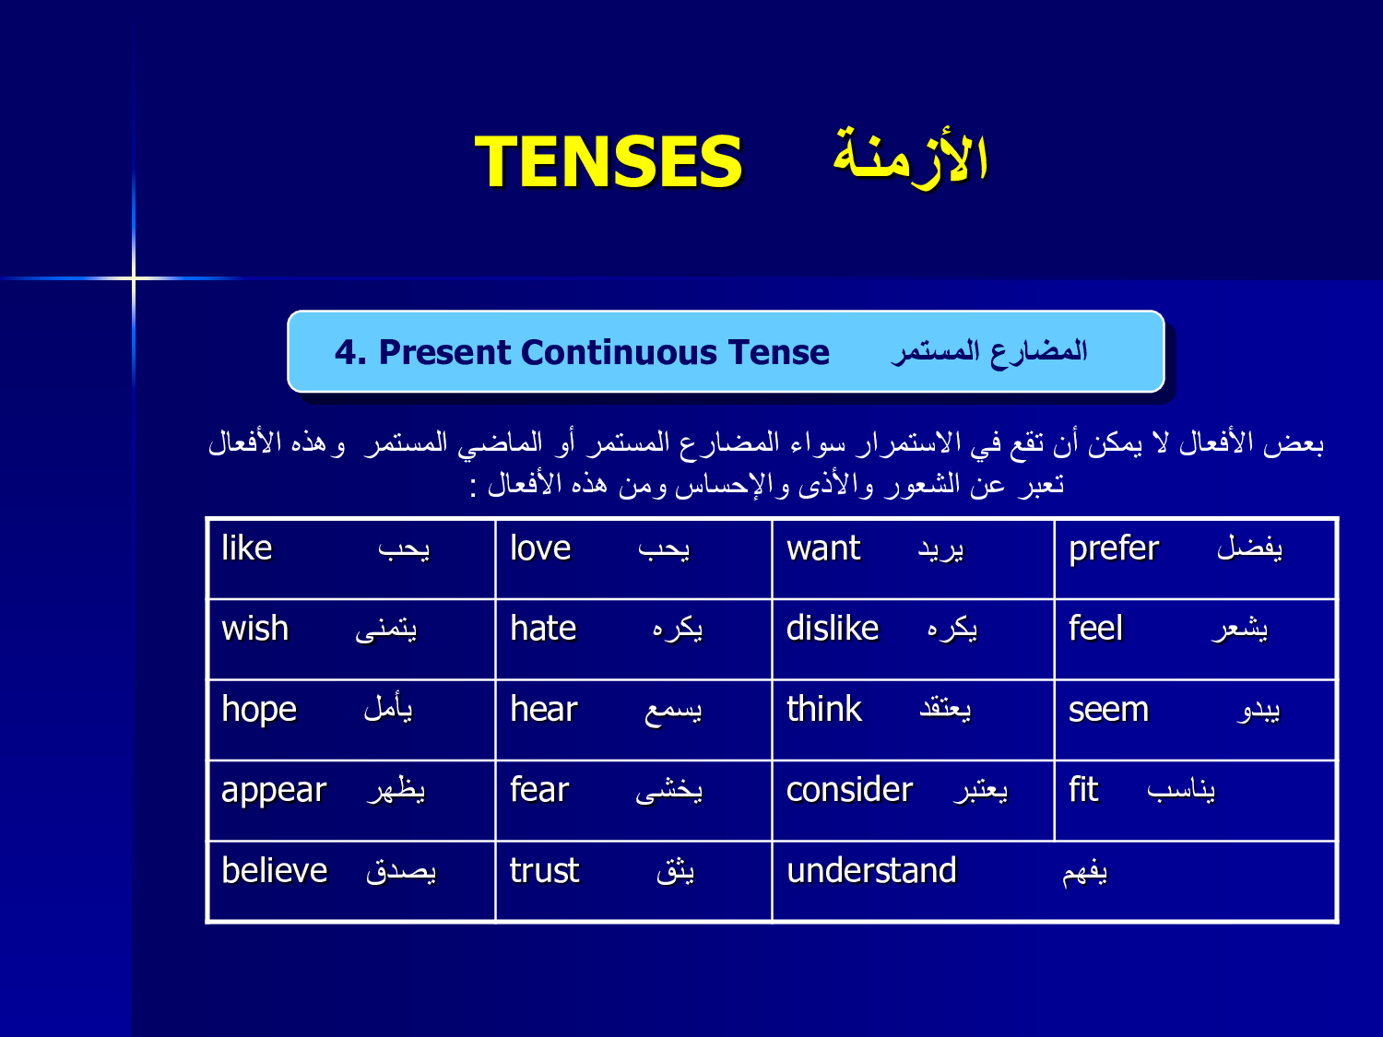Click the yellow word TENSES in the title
(x=609, y=161)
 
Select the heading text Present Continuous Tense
(x=604, y=352)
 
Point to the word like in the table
(x=247, y=548)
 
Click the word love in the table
(x=540, y=548)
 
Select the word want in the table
(x=822, y=548)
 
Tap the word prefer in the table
(x=1114, y=549)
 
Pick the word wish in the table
(x=255, y=628)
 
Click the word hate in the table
(x=543, y=629)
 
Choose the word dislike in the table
(x=833, y=628)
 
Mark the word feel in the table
(x=1095, y=628)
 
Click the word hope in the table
(x=259, y=710)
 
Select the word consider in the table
(x=850, y=789)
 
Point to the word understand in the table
(x=872, y=870)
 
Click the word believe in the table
(x=275, y=870)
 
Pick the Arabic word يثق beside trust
(x=676, y=871)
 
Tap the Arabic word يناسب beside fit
(x=1181, y=790)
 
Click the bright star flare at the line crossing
(x=134, y=277)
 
